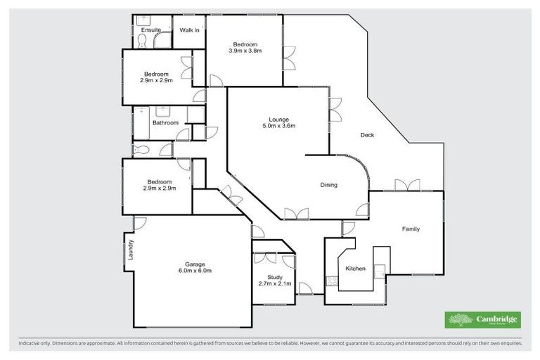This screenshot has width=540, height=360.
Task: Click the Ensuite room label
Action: point(151,30)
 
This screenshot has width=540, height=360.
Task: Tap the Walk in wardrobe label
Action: point(189,30)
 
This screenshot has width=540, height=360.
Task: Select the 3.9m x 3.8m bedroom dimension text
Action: point(245,51)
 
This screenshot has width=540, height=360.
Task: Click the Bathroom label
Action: point(166,123)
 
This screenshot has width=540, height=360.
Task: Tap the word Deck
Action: point(366,135)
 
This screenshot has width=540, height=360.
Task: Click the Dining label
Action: point(329,186)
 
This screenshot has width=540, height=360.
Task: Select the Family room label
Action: point(411,229)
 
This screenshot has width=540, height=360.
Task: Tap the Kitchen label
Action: point(354,269)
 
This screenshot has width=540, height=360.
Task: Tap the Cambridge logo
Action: point(484,320)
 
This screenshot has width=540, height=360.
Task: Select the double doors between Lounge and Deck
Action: point(334,112)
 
